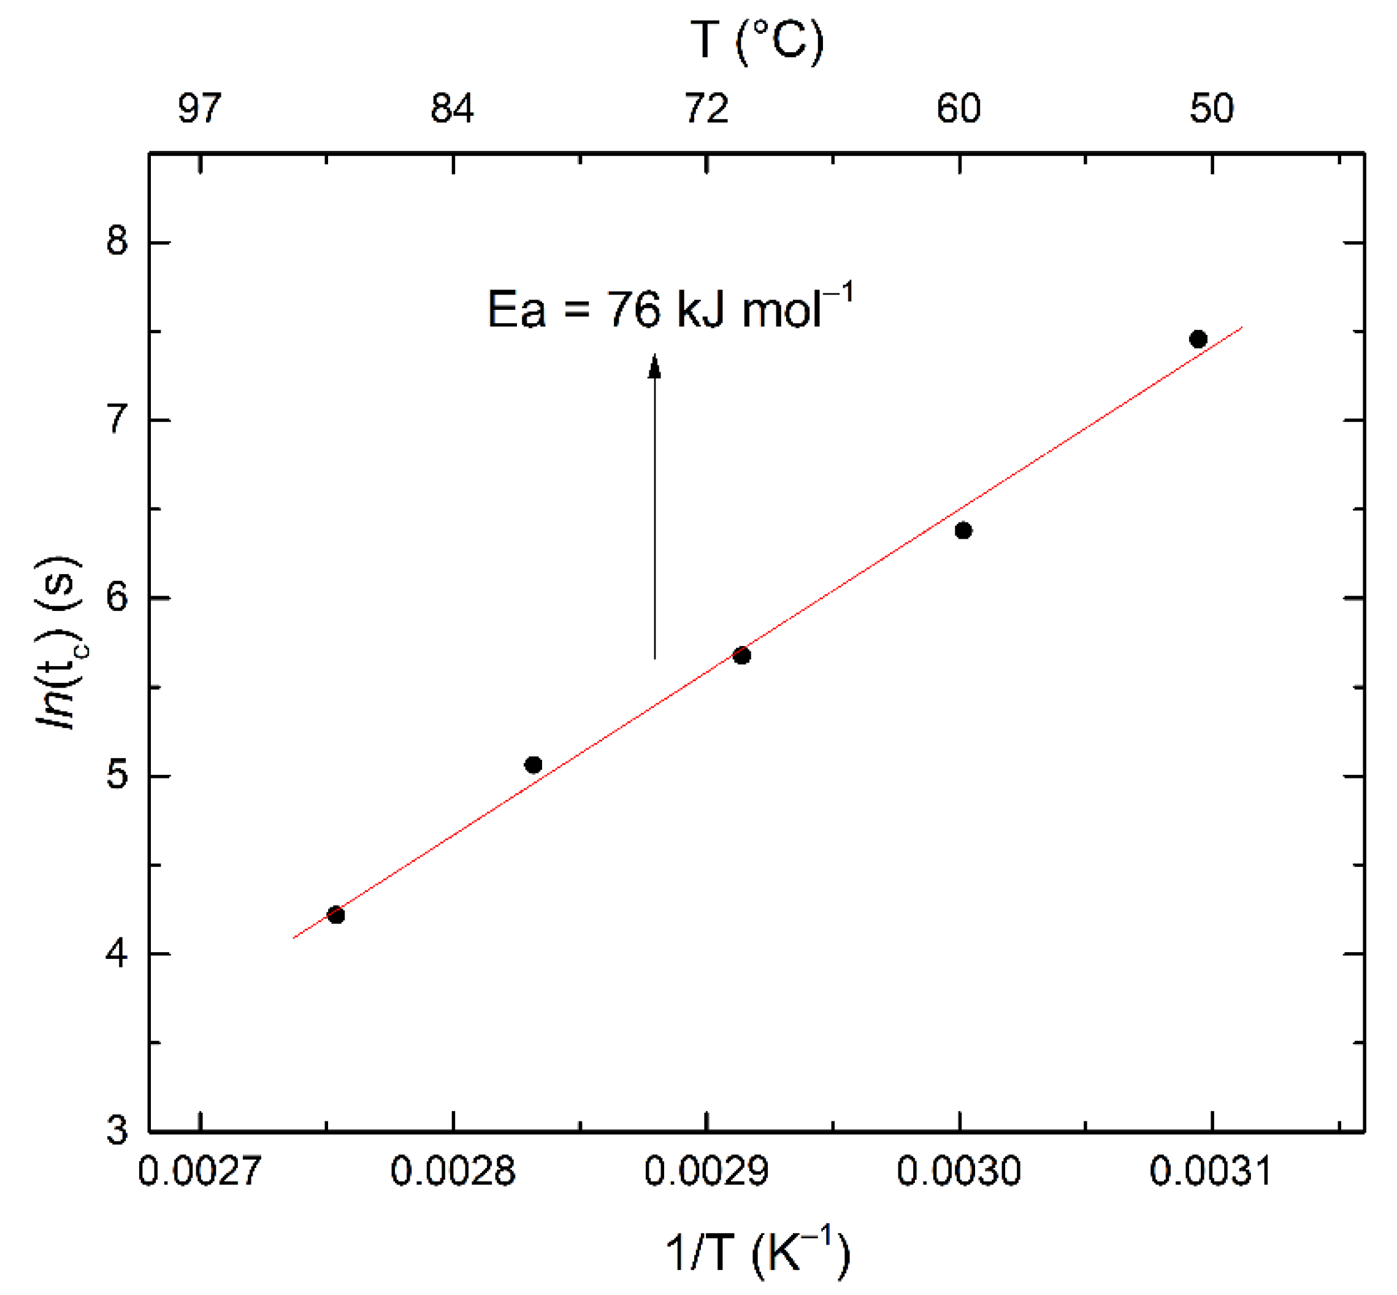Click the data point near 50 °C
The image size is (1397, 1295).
pyautogui.click(x=1198, y=339)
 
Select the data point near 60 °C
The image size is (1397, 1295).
pyautogui.click(x=963, y=531)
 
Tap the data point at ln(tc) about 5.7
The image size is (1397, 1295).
pyautogui.click(x=742, y=656)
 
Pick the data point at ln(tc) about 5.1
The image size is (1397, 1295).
pyautogui.click(x=533, y=764)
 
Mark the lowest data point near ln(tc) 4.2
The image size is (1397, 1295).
pyautogui.click(x=336, y=915)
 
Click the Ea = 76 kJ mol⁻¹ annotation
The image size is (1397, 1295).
pyautogui.click(x=670, y=309)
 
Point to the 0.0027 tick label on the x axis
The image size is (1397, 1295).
pyautogui.click(x=200, y=1171)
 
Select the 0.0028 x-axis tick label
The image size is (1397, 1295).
pyautogui.click(x=453, y=1171)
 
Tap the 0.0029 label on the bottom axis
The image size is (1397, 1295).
pyautogui.click(x=706, y=1171)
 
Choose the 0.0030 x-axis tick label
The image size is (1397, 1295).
pyautogui.click(x=959, y=1171)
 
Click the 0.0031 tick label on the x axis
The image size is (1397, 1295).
pyautogui.click(x=1211, y=1171)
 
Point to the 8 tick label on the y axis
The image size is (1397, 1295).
pyautogui.click(x=118, y=241)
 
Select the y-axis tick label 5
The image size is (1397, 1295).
pyautogui.click(x=118, y=776)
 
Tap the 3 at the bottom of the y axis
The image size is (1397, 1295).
pyautogui.click(x=118, y=1131)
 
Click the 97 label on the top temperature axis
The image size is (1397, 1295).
pyautogui.click(x=200, y=109)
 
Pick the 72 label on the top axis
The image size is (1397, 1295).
pyautogui.click(x=706, y=109)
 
